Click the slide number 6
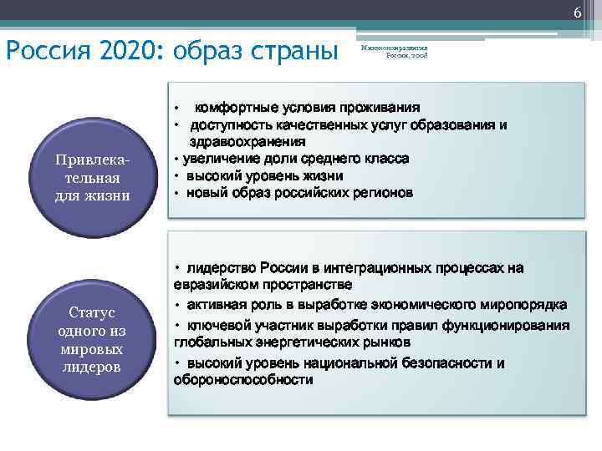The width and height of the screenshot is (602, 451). [x=577, y=11]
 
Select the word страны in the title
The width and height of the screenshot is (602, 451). [x=293, y=52]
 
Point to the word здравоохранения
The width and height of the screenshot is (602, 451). [x=247, y=142]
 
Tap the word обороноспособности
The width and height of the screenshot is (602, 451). [x=243, y=380]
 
